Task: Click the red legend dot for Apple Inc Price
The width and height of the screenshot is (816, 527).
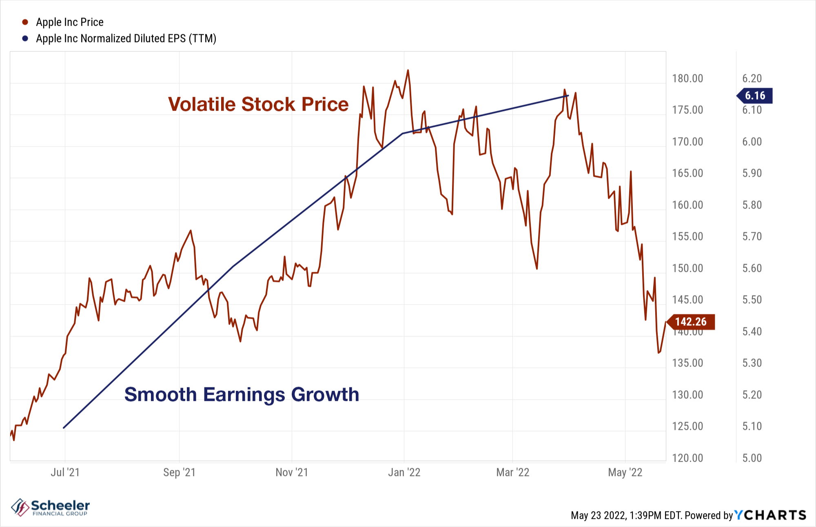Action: click(25, 22)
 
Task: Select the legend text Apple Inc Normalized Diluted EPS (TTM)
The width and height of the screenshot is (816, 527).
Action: click(126, 38)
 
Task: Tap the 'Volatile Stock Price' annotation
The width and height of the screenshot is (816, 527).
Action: click(258, 104)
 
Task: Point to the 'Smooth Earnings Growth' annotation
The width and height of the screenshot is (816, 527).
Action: click(242, 394)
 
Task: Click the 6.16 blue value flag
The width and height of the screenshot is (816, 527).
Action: click(755, 96)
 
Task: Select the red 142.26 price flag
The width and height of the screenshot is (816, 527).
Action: click(691, 322)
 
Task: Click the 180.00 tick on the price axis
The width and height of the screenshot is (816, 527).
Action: click(687, 78)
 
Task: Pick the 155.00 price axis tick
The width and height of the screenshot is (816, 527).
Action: click(687, 236)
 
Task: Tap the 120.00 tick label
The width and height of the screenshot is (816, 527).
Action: click(687, 458)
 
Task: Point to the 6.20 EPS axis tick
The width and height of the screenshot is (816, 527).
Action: click(752, 78)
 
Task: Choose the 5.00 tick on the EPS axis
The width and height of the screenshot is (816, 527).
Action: click(752, 458)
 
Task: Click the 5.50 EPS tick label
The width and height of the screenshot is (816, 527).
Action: click(752, 300)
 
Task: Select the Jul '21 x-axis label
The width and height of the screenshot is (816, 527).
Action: click(65, 472)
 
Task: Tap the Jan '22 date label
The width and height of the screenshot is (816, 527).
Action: click(404, 472)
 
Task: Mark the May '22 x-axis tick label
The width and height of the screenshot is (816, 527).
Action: click(625, 472)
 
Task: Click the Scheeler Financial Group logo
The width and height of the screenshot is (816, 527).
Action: click(51, 507)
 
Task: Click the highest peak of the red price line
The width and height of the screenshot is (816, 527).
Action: click(408, 70)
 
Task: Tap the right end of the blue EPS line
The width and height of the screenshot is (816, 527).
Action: click(568, 96)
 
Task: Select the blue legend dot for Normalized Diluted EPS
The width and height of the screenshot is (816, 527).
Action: click(25, 38)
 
